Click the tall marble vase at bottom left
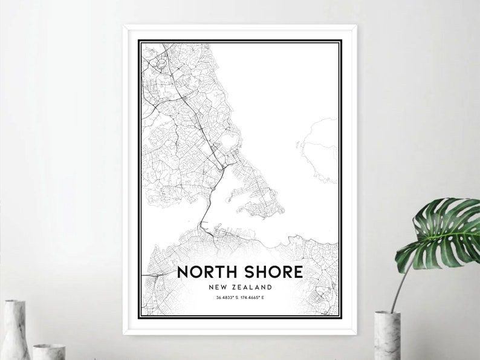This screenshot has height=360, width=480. (15, 330)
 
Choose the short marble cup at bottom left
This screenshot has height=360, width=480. (48, 352)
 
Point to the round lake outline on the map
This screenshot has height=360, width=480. (229, 143)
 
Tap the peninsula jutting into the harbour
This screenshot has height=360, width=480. (257, 194)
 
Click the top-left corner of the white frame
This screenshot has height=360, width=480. (125, 27)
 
